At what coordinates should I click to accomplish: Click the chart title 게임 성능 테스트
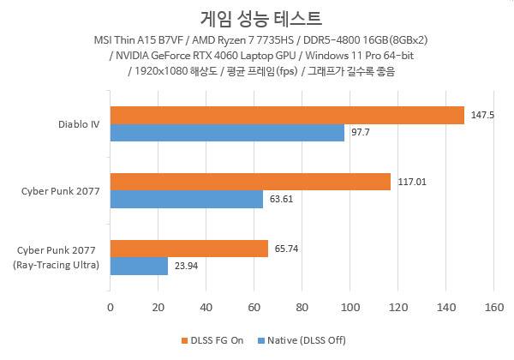[257, 17]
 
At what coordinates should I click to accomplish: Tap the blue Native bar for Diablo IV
[227, 133]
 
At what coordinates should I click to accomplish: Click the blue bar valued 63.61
[186, 199]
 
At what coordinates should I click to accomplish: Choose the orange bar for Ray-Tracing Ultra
[188, 249]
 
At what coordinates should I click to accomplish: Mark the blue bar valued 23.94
[138, 266]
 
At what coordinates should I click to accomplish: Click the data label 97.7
[361, 133]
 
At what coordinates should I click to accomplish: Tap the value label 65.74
[287, 249]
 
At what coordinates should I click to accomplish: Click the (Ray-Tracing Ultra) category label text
[57, 265]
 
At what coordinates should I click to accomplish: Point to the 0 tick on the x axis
[110, 306]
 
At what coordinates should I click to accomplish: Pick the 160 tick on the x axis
[493, 306]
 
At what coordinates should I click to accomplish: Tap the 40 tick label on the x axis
[206, 306]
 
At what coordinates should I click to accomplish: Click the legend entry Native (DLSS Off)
[304, 340]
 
